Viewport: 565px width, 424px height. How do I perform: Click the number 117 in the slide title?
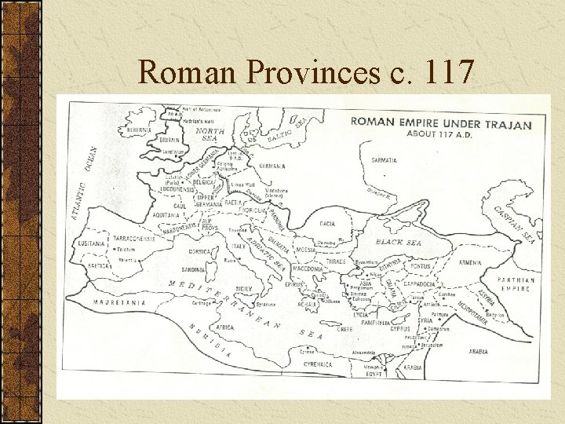[448, 72]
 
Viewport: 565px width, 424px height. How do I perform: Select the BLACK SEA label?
[399, 243]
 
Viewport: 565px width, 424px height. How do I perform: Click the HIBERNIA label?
[140, 130]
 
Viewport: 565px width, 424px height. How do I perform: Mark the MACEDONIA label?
[307, 269]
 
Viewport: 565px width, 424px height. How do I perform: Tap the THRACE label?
[335, 260]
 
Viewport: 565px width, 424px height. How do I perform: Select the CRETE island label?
[345, 330]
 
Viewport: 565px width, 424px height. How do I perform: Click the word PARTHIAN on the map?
[516, 280]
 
